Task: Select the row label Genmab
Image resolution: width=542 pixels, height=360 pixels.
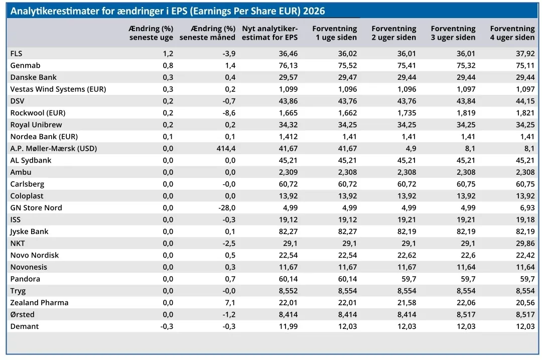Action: click(x=25, y=65)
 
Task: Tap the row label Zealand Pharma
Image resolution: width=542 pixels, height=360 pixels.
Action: click(x=40, y=303)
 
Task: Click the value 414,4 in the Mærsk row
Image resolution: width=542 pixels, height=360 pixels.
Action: click(x=226, y=148)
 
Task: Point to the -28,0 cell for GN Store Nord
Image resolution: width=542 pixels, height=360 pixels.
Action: click(x=227, y=208)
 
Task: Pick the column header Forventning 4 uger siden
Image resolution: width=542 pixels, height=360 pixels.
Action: click(x=512, y=33)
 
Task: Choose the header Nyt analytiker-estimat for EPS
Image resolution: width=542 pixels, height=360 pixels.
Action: click(x=269, y=33)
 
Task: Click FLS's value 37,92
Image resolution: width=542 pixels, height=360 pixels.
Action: click(x=525, y=54)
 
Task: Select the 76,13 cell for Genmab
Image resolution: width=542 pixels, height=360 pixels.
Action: click(x=288, y=65)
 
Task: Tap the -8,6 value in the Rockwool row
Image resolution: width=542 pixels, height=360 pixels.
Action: click(x=229, y=113)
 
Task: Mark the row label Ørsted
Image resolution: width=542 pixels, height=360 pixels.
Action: click(x=23, y=314)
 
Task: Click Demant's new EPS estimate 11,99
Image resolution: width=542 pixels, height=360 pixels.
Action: click(x=288, y=326)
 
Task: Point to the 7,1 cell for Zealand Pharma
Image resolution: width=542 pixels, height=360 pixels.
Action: click(x=230, y=303)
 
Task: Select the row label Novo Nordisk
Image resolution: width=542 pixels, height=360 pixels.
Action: click(x=35, y=255)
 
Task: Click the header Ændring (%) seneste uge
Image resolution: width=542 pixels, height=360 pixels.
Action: click(x=151, y=33)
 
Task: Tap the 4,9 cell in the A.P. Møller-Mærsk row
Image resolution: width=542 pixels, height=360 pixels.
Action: click(x=411, y=148)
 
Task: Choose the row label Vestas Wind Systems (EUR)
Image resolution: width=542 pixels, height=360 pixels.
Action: click(x=58, y=89)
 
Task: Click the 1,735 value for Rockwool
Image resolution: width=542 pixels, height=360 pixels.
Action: click(x=407, y=113)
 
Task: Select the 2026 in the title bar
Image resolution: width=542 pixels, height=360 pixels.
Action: click(x=314, y=11)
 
